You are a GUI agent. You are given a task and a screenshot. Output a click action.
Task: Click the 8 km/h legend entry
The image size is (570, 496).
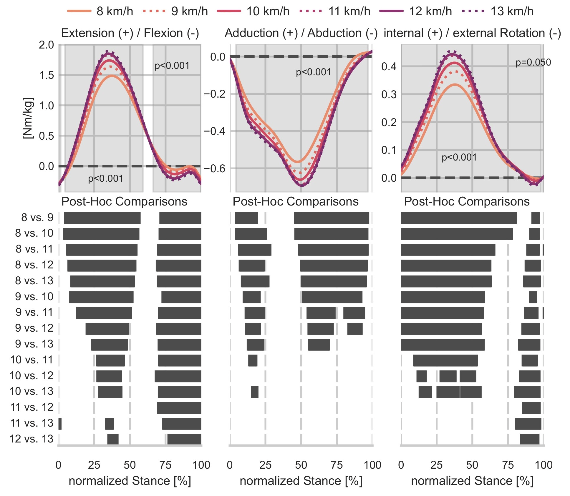[x=100, y=11]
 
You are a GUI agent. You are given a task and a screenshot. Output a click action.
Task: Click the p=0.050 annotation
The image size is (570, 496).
[x=533, y=62]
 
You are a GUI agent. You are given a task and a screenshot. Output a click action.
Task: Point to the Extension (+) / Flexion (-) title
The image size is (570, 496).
[x=130, y=33]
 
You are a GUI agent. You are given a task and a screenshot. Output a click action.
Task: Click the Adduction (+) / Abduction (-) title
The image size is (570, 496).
[x=301, y=33]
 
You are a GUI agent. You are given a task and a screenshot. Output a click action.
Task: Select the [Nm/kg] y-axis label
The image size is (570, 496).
[x=28, y=118]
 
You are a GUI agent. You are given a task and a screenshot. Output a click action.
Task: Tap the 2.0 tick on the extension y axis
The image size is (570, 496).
[x=47, y=45]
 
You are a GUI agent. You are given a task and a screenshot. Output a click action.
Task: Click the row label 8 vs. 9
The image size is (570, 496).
[x=37, y=218]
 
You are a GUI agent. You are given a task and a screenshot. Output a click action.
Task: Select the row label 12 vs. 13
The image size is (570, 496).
[x=32, y=439]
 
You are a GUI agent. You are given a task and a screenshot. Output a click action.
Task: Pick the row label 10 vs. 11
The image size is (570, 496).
[x=32, y=360]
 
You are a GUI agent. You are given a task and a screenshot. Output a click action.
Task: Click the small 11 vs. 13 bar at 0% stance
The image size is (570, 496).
[x=60, y=424]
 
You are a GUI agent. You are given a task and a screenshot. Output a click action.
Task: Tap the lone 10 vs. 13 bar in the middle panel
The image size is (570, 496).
[x=254, y=392]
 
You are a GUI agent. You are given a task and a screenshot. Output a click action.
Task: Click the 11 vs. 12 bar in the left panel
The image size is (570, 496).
[x=179, y=408]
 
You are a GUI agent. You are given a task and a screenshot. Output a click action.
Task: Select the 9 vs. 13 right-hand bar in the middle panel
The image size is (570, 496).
[x=319, y=345]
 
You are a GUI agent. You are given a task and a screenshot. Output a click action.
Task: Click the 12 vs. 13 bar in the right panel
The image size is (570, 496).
[x=530, y=439]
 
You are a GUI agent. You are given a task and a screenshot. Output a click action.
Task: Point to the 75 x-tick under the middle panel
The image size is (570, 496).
[x=337, y=465]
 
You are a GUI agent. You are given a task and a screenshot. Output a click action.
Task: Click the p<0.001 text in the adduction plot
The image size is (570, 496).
[x=313, y=72]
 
